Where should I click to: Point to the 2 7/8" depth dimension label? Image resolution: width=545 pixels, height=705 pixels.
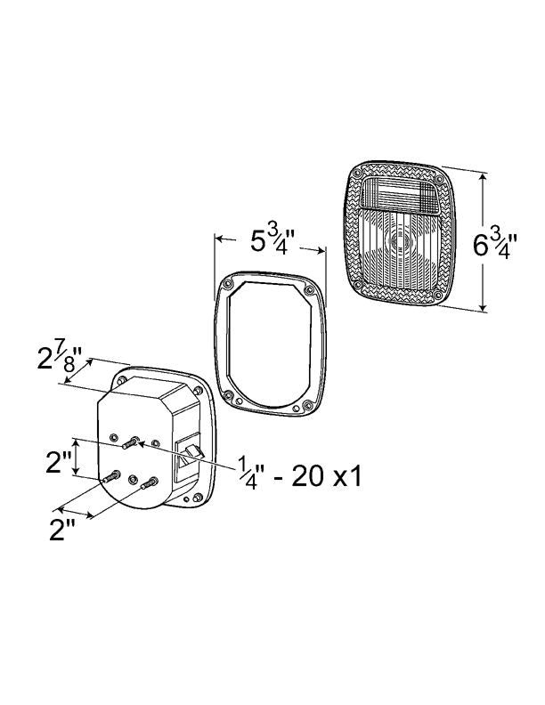pyautogui.click(x=60, y=359)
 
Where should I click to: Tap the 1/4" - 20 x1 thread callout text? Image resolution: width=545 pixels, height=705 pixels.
pyautogui.click(x=299, y=476)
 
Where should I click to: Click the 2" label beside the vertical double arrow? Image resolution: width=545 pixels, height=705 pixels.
pyautogui.click(x=59, y=462)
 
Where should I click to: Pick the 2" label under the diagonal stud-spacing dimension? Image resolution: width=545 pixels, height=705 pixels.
pyautogui.click(x=62, y=530)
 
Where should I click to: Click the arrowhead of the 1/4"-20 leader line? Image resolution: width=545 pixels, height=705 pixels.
pyautogui.click(x=141, y=444)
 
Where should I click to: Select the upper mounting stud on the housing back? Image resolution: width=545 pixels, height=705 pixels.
pyautogui.click(x=129, y=443)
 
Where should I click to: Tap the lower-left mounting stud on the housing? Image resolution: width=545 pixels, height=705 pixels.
pyautogui.click(x=110, y=476)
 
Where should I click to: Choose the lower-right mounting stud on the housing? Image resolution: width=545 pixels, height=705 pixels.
pyautogui.click(x=150, y=483)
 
